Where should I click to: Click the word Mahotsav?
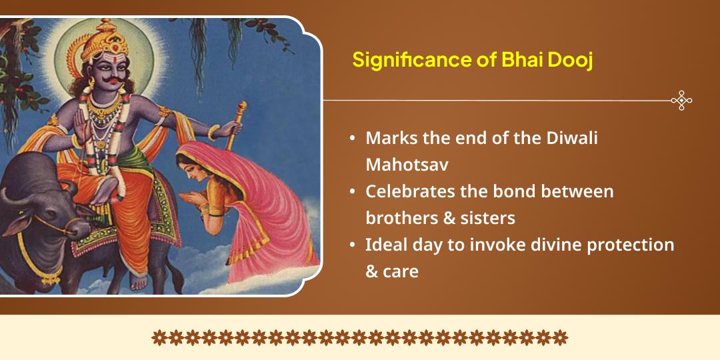click(x=407, y=165)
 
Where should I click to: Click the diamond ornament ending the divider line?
click(x=681, y=100)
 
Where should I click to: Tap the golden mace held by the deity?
click(x=236, y=125)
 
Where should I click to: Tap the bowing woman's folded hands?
click(x=189, y=198)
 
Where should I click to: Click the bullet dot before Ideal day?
click(x=352, y=244)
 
